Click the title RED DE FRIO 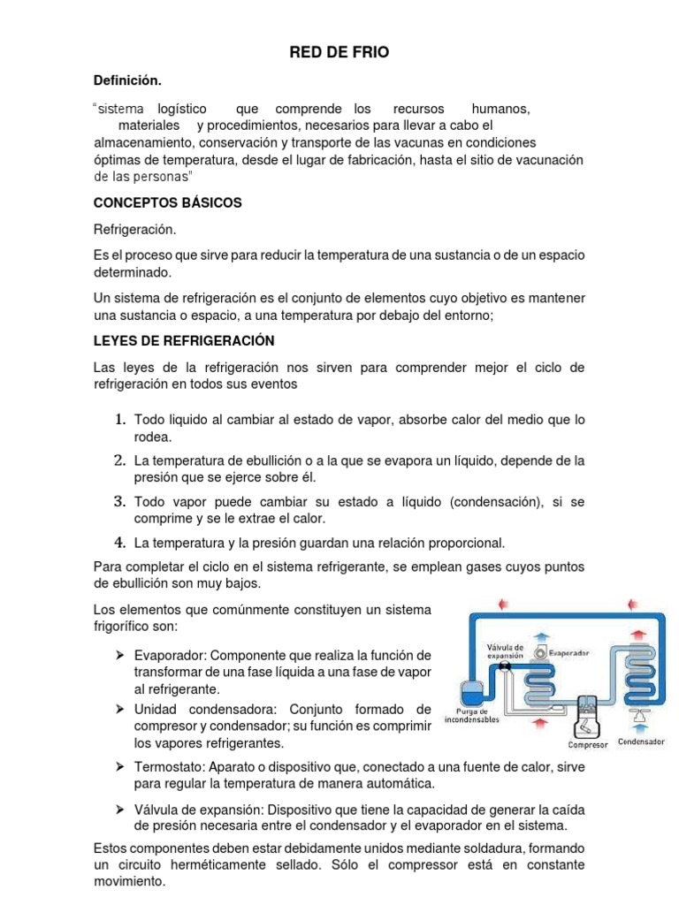pos(339,54)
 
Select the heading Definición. pos(127,81)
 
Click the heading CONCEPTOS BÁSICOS pos(167,202)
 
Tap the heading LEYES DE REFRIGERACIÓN pos(184,340)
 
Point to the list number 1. pos(119,419)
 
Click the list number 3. pos(119,501)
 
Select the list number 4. pos(119,542)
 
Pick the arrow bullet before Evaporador pos(118,656)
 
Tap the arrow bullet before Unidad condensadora pos(118,710)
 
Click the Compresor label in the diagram pos(587,744)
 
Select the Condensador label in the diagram pos(641,742)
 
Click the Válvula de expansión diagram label pos(506,651)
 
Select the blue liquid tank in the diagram pos(469,688)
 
